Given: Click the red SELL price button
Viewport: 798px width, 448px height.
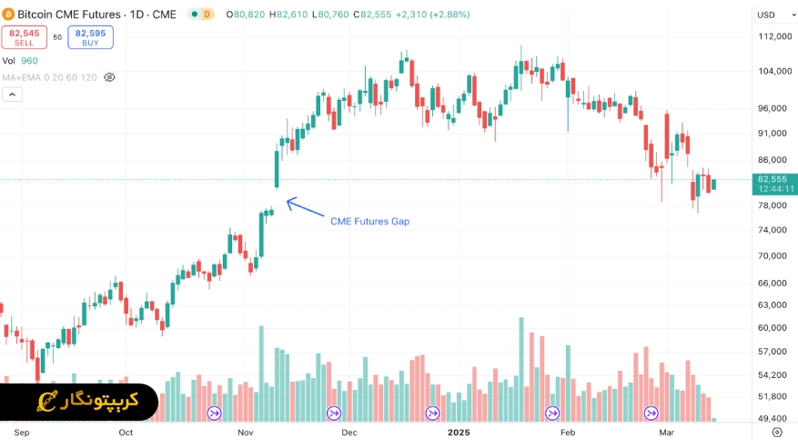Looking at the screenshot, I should pos(24,37).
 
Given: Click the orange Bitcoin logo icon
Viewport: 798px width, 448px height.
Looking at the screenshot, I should pos(8,15).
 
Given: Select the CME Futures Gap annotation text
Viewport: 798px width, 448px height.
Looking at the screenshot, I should pos(369,221).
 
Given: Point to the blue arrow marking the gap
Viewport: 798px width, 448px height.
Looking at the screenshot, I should pos(305,210).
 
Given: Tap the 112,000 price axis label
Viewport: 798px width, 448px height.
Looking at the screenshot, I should pos(773,36).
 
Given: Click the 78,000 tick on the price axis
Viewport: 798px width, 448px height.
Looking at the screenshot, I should pos(771,205).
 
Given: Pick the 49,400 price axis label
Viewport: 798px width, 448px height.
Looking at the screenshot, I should pos(771,419).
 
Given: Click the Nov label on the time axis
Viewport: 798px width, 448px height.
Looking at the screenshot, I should pos(246,433).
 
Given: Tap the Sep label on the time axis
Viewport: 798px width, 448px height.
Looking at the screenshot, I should pos(22,433).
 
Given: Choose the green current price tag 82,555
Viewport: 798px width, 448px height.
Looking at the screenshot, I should pos(775,184).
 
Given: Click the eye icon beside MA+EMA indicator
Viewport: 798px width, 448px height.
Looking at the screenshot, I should pos(110,77).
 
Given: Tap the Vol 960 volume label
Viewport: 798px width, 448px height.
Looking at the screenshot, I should pos(20,61).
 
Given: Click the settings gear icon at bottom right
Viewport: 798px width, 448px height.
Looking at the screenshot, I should pos(777,433).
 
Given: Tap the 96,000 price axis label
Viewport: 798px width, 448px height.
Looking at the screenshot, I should pos(771,108).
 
